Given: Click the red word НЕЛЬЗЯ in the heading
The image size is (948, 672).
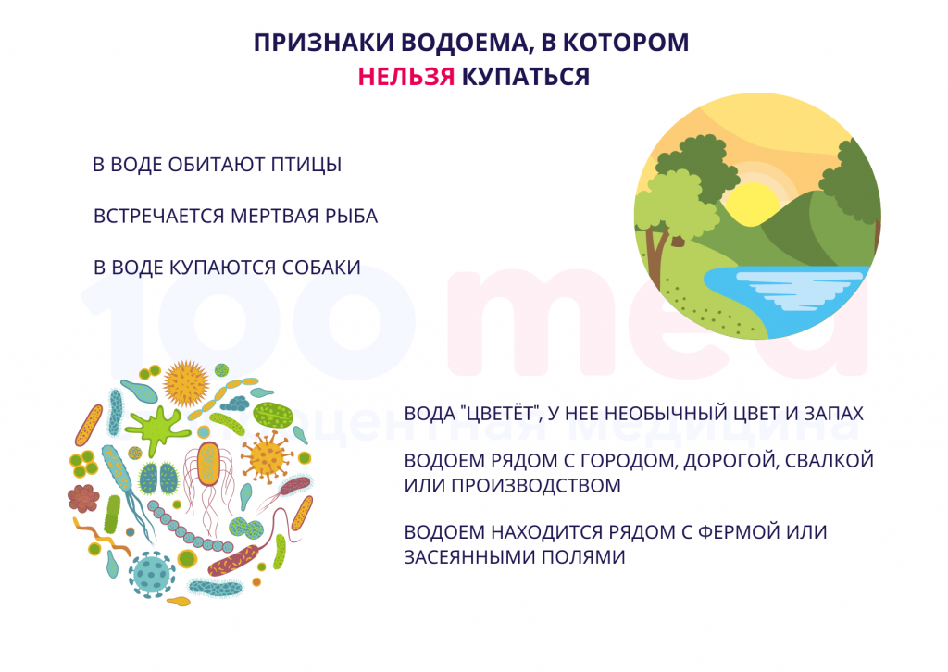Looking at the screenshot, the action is click(x=405, y=77).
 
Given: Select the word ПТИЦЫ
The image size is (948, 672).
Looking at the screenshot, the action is click(x=306, y=165).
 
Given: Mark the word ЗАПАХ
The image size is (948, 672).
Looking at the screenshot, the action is click(x=834, y=414).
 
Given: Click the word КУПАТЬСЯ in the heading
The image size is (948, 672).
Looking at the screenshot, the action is click(x=526, y=77).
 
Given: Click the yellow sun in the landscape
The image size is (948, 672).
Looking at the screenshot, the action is click(x=752, y=205).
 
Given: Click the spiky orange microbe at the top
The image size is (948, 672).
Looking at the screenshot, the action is click(x=186, y=383).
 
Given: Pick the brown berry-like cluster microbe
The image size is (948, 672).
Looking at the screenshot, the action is click(x=82, y=498).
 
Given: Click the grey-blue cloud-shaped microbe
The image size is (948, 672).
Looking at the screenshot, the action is click(x=234, y=403).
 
